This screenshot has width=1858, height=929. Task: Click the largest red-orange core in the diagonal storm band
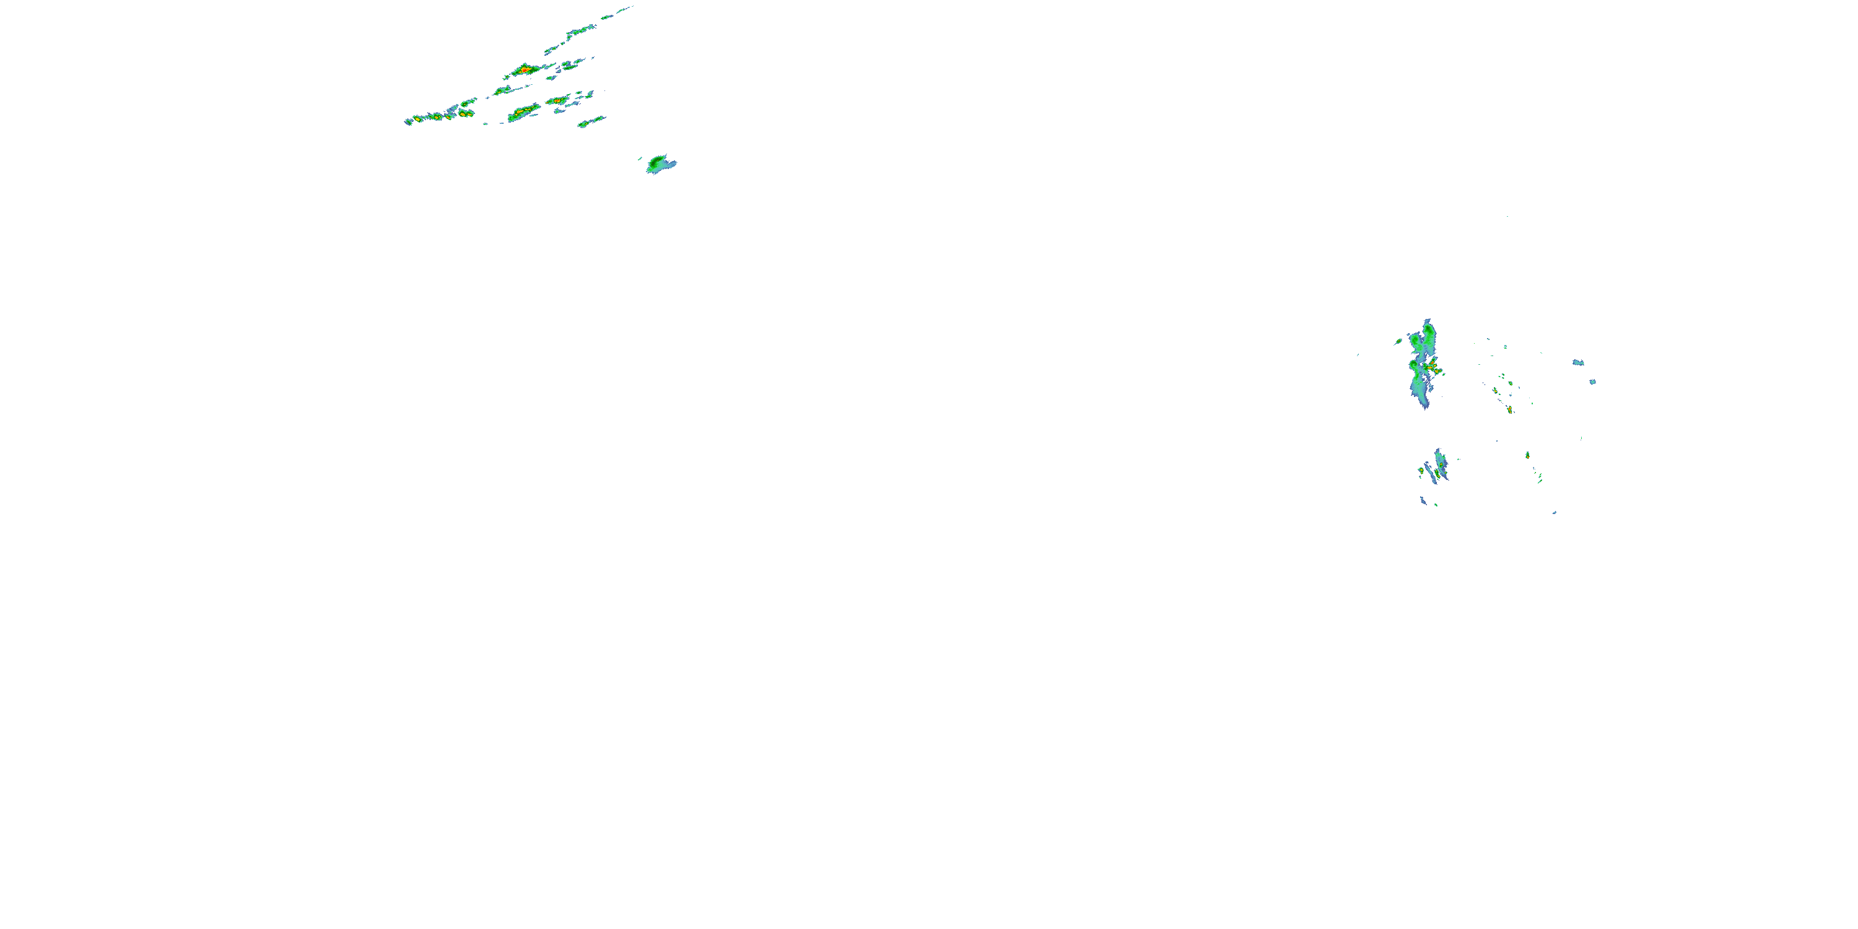coord(526,70)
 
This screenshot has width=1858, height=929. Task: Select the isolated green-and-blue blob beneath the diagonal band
coord(658,165)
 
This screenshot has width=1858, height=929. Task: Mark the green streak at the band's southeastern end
coord(591,121)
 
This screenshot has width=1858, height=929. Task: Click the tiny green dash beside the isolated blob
coord(640,157)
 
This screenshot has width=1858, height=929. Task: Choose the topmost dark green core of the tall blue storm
coord(1428,332)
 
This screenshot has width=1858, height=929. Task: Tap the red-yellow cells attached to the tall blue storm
coord(1434,369)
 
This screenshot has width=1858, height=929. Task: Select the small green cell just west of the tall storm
coord(1398,341)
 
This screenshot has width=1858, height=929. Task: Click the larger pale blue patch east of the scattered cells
coord(1578,362)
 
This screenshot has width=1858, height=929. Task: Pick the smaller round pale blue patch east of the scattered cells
coord(1592,382)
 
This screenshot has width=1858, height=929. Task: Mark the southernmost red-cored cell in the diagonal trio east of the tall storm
coord(1510,409)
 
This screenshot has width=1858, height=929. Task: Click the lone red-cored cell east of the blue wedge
coord(1527,455)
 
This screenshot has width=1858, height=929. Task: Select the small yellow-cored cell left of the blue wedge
coord(1421,470)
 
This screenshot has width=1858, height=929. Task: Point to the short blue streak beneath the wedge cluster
coord(1423,500)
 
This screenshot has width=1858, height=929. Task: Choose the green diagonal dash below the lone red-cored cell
coord(1539,478)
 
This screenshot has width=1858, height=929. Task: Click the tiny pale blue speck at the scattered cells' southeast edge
coord(1555,512)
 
